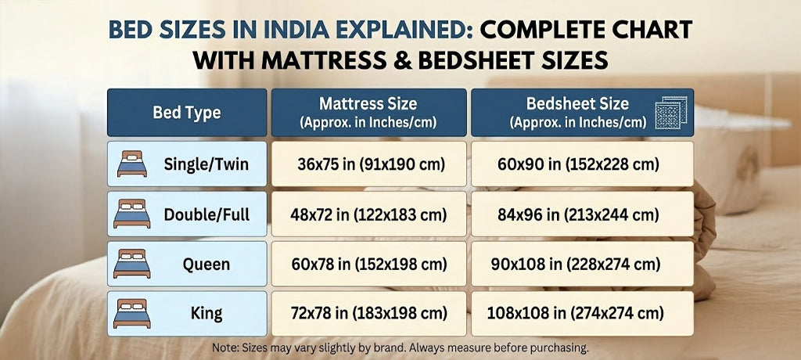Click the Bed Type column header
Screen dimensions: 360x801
pyautogui.click(x=186, y=113)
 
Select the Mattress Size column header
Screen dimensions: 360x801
pyautogui.click(x=368, y=113)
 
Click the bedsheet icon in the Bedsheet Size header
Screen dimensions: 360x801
pyautogui.click(x=670, y=112)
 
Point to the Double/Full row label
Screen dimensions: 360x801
pyautogui.click(x=207, y=214)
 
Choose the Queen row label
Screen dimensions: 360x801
pyautogui.click(x=207, y=265)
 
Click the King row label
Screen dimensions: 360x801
pyautogui.click(x=207, y=314)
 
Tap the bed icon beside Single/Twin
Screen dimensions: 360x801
pyautogui.click(x=131, y=164)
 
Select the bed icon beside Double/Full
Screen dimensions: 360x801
pyautogui.click(x=131, y=214)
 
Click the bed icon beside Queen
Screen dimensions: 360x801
pyautogui.click(x=131, y=264)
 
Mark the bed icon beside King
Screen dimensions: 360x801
pyautogui.click(x=131, y=313)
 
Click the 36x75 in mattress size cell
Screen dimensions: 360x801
pyautogui.click(x=368, y=164)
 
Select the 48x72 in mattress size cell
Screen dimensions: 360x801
pyautogui.click(x=368, y=214)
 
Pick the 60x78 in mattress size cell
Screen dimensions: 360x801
pyautogui.click(x=368, y=265)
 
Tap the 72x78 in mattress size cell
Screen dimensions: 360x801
pyautogui.click(x=368, y=314)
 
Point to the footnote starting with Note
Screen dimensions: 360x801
pyautogui.click(x=400, y=347)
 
